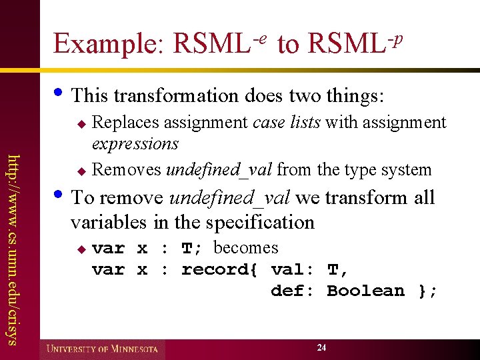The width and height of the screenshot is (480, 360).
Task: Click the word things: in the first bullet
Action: click(355, 95)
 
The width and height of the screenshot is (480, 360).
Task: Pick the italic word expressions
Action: click(135, 144)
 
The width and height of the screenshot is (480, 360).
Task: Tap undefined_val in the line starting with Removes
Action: click(219, 169)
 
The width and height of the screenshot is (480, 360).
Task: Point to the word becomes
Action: click(245, 248)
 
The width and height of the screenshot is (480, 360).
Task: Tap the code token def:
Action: click(293, 291)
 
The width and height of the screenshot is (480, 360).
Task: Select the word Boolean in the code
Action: click(365, 291)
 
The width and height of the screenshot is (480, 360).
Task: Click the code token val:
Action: click(293, 269)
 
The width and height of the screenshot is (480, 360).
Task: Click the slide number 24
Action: click(322, 348)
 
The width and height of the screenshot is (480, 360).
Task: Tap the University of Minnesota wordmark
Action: click(102, 349)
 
